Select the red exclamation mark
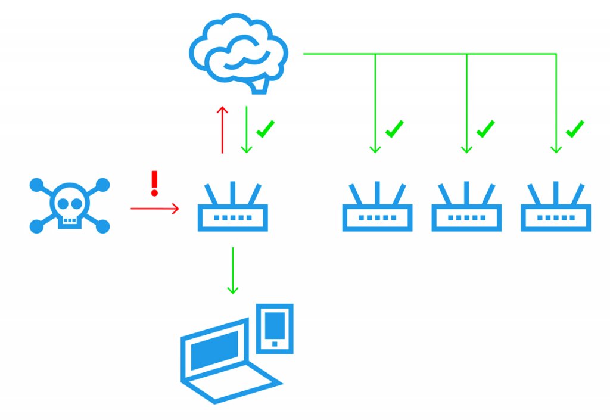click(155, 183)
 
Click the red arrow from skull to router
click(154, 208)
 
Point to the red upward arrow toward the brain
click(222, 130)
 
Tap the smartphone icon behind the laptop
click(275, 328)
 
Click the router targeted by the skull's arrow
click(233, 209)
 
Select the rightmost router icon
click(555, 209)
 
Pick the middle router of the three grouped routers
click(466, 209)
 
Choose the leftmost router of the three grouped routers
click(377, 209)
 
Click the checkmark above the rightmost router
click(574, 129)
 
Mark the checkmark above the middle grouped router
click(485, 129)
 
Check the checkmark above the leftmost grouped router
click(394, 129)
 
